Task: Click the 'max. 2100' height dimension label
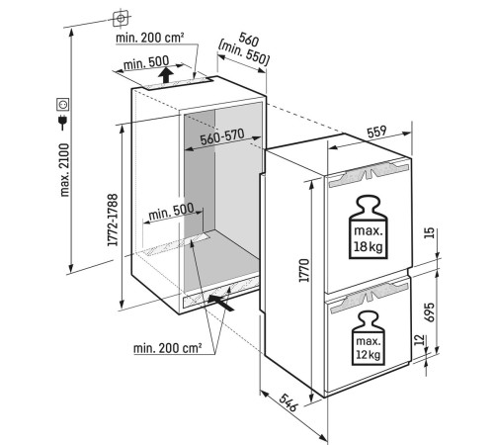click(65, 170)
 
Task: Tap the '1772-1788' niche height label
click(113, 220)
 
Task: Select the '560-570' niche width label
click(222, 136)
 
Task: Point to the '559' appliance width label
click(376, 132)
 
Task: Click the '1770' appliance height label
click(304, 270)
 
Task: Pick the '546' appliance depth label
click(288, 402)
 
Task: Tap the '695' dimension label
click(430, 312)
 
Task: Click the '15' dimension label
click(430, 233)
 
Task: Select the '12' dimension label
click(419, 340)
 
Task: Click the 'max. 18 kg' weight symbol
click(369, 227)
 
